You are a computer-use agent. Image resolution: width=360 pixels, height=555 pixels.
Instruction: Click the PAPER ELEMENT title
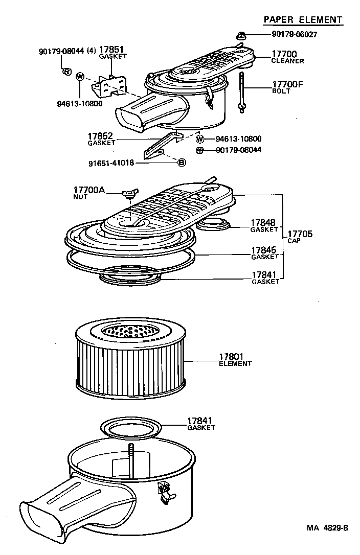302,19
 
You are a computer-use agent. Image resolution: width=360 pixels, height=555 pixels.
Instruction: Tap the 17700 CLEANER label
287,57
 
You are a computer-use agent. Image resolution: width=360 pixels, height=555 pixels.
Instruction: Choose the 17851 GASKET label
112,53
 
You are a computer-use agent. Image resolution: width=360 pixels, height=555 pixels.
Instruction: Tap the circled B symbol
182,162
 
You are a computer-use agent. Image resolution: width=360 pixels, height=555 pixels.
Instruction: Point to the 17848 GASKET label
264,225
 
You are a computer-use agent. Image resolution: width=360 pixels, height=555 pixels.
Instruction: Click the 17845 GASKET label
264,252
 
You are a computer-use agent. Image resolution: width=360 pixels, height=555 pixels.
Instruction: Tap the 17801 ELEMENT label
235,360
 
